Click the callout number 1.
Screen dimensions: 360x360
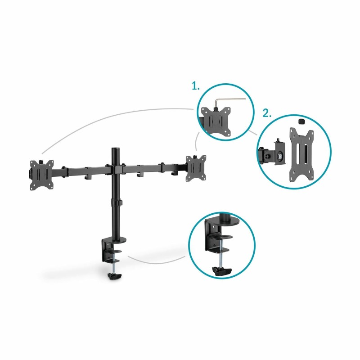click(x=196, y=86)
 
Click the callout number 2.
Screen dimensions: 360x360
click(x=267, y=113)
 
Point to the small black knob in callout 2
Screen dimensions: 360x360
click(x=301, y=121)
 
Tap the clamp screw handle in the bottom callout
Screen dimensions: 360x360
click(x=221, y=272)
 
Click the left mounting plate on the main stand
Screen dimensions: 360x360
click(x=41, y=175)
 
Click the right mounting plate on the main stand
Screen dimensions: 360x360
click(x=196, y=168)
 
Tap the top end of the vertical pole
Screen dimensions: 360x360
click(x=116, y=149)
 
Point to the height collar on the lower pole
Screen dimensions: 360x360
click(x=117, y=203)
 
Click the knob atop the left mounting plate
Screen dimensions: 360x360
click(x=42, y=161)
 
